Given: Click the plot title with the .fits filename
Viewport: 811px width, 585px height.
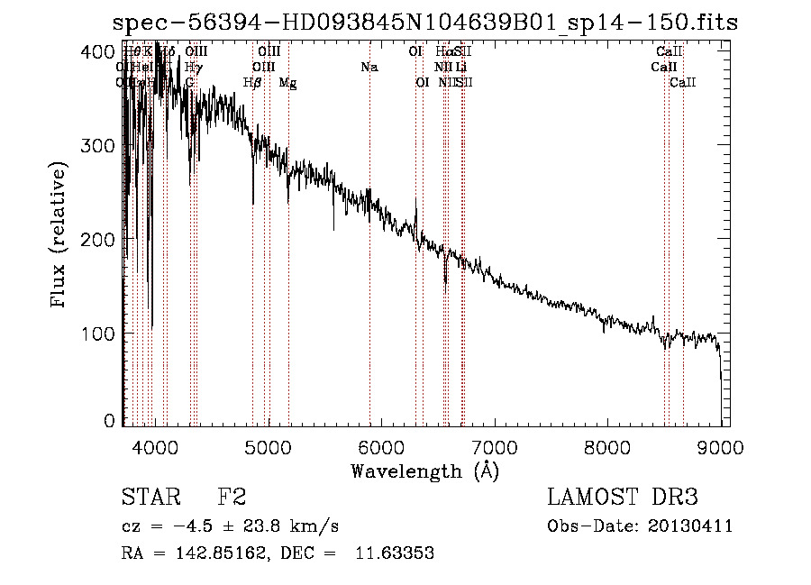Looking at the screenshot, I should pos(424,23).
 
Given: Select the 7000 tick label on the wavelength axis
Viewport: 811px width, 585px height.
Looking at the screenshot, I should pos(495,444).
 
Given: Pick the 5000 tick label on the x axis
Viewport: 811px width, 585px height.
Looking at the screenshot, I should pos(269,444).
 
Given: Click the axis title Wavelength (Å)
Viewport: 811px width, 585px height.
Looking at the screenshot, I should pos(424,471).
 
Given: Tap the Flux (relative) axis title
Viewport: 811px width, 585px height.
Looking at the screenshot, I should pos(59,236).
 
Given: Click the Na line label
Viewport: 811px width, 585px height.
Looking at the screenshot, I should pos(369,67).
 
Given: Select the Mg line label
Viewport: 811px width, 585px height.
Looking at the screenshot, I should pos(287,83).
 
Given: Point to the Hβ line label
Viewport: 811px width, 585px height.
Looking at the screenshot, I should pos(253,83).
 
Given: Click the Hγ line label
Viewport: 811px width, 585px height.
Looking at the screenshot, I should pos(193,67).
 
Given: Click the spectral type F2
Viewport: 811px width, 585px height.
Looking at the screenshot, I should pos(231,498).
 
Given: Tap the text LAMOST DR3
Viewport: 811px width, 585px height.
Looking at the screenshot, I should pos(623,498).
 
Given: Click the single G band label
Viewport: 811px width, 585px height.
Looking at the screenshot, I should pos(189,83).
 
